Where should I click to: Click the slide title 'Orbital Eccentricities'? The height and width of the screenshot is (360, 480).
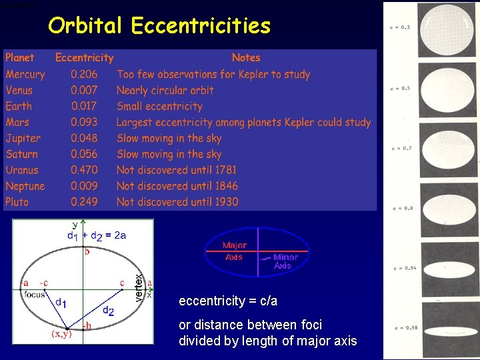pyautogui.click(x=159, y=25)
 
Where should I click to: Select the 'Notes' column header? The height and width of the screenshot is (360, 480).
pyautogui.click(x=246, y=58)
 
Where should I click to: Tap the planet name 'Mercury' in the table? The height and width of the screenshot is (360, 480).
pyautogui.click(x=25, y=75)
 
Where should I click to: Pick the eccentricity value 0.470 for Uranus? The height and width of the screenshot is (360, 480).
pyautogui.click(x=84, y=170)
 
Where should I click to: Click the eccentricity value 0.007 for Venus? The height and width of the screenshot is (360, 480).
pyautogui.click(x=84, y=90)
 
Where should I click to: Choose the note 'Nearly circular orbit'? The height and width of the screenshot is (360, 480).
pyautogui.click(x=165, y=90)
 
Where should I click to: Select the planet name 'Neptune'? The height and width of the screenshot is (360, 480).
pyautogui.click(x=25, y=186)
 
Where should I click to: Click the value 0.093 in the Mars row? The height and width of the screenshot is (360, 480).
pyautogui.click(x=84, y=122)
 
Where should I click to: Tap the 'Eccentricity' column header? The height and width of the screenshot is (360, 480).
pyautogui.click(x=84, y=58)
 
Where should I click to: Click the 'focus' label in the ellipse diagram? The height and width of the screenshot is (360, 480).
pyautogui.click(x=34, y=294)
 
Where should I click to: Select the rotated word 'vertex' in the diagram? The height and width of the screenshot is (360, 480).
pyautogui.click(x=139, y=287)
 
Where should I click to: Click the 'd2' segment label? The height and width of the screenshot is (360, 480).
pyautogui.click(x=108, y=310)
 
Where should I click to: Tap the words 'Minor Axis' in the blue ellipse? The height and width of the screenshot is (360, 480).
pyautogui.click(x=285, y=261)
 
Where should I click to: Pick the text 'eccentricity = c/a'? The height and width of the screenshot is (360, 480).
pyautogui.click(x=228, y=301)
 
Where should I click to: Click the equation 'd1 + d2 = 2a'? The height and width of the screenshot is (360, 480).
pyautogui.click(x=97, y=235)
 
